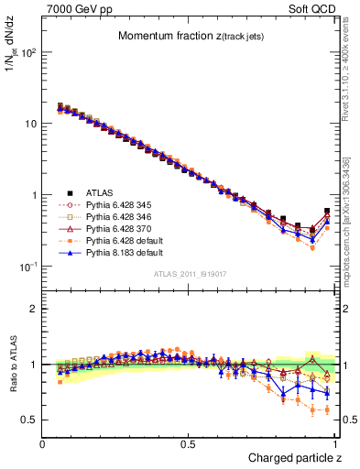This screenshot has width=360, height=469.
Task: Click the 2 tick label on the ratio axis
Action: (x=33, y=309)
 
